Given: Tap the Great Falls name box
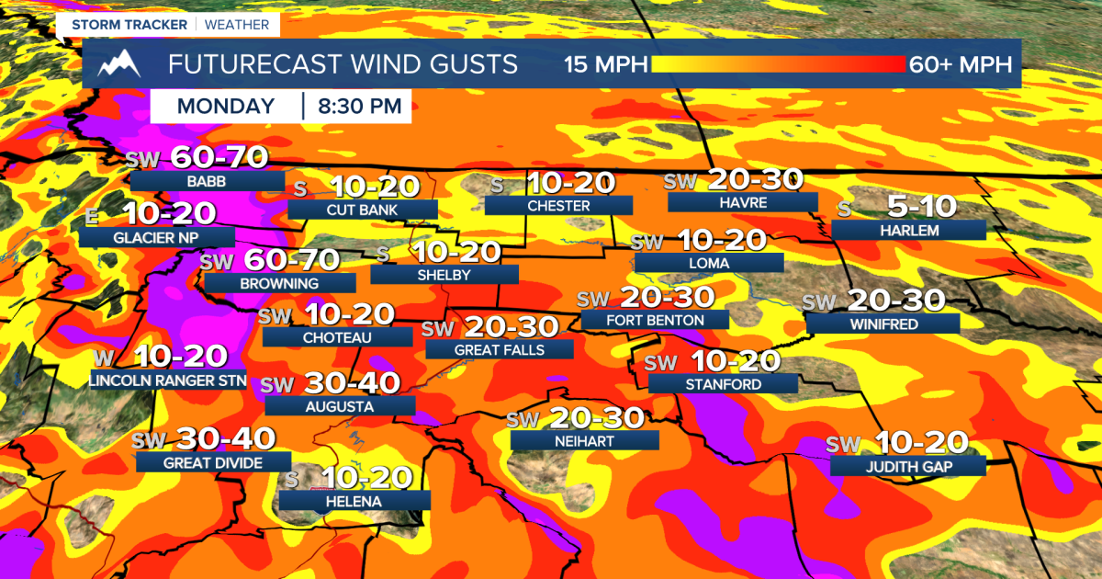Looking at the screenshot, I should click(499, 349).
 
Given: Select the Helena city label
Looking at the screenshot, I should click(354, 501).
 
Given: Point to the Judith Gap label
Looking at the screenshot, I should click(907, 466).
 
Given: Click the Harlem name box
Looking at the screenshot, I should click(908, 230).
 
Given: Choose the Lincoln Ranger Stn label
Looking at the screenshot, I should click(155, 380).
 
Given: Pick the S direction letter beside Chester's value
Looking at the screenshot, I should click(497, 184).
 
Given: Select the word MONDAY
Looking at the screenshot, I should click(226, 106).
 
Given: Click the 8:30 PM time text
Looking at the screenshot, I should click(360, 106).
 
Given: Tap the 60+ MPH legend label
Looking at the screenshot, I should click(960, 64).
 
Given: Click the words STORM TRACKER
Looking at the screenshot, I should click(117, 24).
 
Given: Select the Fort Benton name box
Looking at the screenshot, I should click(655, 320).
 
